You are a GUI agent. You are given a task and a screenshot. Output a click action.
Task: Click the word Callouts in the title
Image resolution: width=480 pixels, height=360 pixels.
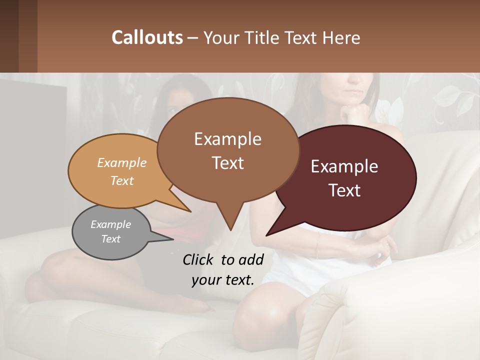147,37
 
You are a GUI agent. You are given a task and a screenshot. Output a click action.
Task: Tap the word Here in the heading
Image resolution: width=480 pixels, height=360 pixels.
341,38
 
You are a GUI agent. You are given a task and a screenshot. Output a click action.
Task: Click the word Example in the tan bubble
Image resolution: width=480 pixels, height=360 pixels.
121,163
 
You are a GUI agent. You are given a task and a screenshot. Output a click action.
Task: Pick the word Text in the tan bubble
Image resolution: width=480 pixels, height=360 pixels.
121,180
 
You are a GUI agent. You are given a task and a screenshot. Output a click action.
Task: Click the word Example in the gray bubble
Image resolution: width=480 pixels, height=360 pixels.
110,224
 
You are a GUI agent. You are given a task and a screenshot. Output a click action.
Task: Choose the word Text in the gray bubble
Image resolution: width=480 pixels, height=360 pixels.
110,239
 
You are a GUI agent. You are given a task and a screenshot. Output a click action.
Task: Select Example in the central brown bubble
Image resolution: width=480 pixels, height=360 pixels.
227,139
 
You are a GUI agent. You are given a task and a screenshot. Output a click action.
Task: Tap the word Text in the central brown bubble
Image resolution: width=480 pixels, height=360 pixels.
227,163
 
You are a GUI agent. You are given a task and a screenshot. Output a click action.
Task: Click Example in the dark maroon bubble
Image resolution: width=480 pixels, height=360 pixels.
344,166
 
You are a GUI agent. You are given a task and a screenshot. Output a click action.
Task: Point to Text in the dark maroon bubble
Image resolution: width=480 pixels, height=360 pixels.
344,190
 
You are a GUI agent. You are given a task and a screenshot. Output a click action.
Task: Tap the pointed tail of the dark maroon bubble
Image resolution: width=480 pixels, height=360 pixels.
268,234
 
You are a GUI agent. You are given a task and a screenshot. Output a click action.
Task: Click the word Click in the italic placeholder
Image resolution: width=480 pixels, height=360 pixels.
198,259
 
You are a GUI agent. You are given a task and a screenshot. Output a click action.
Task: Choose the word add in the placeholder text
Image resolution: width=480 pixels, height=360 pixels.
251,259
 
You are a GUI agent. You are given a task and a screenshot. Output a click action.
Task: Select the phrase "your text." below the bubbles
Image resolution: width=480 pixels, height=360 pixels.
222,280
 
